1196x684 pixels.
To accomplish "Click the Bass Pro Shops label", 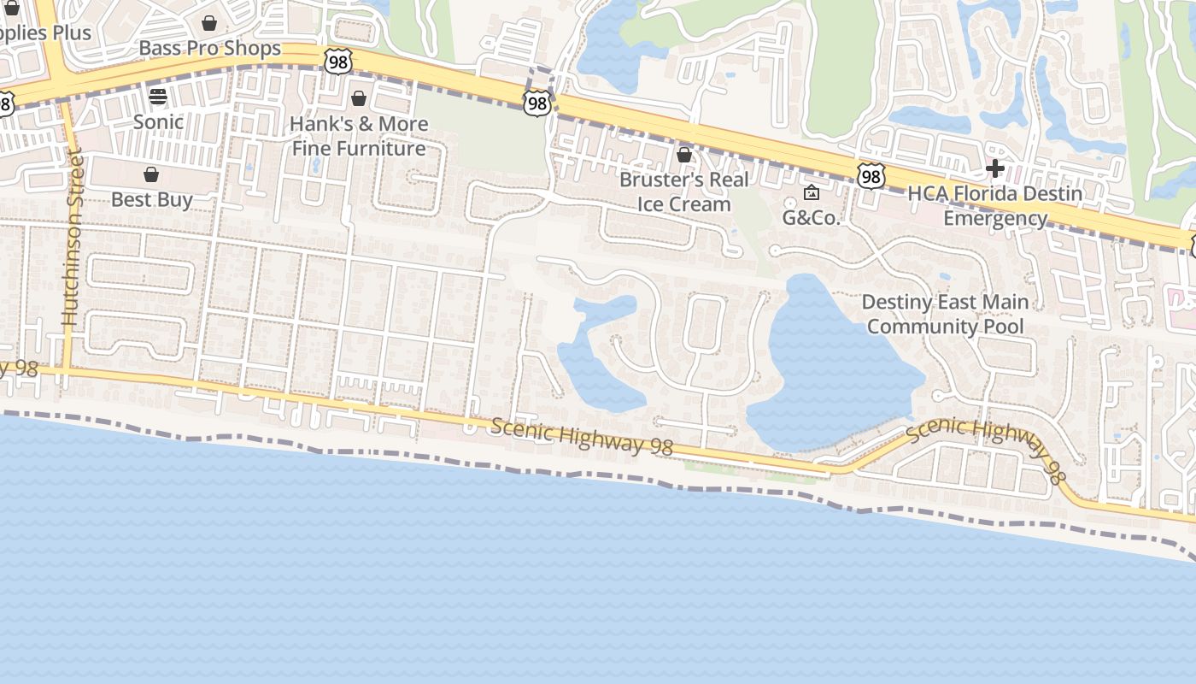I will tap(209, 48).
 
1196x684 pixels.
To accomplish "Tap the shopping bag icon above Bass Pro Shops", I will tap(209, 23).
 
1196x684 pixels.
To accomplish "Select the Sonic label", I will tap(158, 121).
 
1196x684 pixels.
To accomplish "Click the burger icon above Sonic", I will tap(158, 96).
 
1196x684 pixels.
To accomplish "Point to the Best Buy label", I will tap(151, 199).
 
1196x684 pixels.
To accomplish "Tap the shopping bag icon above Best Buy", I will tap(151, 175).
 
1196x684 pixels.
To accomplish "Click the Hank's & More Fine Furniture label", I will tap(359, 136).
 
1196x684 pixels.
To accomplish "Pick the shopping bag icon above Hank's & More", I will tap(359, 98).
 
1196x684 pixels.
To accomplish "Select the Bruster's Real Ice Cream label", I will tap(683, 192).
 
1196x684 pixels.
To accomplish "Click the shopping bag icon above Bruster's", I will tap(683, 155).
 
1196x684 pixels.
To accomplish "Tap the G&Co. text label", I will tap(812, 217).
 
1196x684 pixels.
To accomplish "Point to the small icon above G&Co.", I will tap(812, 192).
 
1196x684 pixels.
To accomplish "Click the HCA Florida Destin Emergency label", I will tap(994, 205).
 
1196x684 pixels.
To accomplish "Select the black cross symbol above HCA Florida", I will tap(994, 168).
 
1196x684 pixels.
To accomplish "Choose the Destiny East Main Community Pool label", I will tap(945, 314).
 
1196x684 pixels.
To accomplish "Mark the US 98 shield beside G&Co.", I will tap(870, 177).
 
